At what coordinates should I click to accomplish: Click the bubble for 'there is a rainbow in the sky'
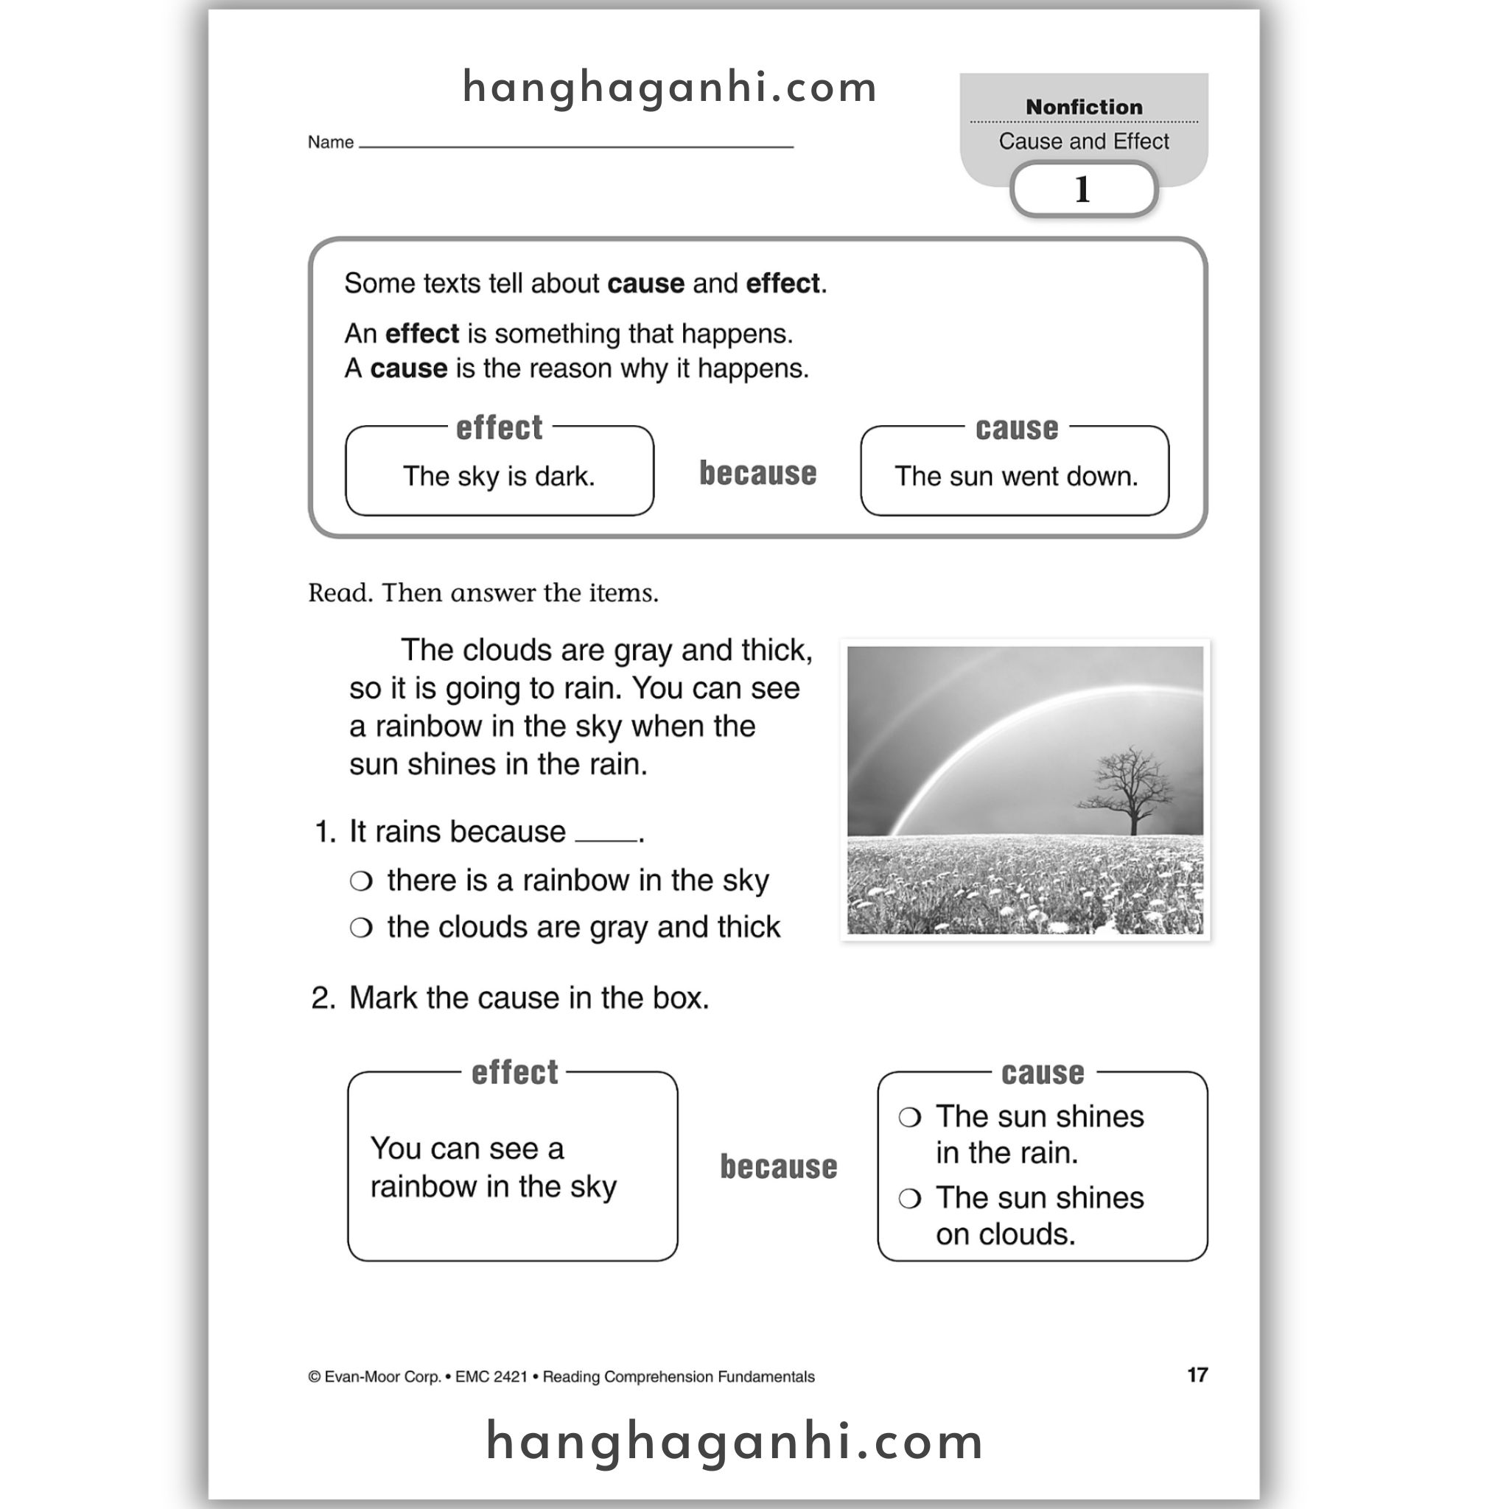(x=361, y=881)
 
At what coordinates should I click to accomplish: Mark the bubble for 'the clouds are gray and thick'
(x=361, y=928)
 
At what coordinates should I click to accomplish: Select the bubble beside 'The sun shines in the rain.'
(x=910, y=1118)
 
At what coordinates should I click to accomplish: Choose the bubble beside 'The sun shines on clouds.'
(x=910, y=1199)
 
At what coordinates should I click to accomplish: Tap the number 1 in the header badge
(x=1082, y=189)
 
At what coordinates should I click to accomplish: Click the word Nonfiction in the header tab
(x=1083, y=107)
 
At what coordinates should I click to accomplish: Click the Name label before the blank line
(x=330, y=142)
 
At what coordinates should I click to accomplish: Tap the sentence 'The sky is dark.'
(x=499, y=477)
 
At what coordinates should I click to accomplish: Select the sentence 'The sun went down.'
(x=1015, y=477)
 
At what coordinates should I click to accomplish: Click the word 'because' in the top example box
(x=757, y=473)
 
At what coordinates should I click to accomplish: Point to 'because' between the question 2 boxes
(x=778, y=1167)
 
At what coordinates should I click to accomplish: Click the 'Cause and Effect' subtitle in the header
(x=1083, y=141)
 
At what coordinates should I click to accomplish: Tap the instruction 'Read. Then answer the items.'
(x=483, y=593)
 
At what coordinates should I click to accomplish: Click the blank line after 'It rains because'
(x=606, y=837)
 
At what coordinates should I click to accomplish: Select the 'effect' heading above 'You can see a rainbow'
(x=515, y=1072)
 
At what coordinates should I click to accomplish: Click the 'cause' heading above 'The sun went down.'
(x=1016, y=428)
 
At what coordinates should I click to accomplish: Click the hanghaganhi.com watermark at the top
(x=671, y=87)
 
